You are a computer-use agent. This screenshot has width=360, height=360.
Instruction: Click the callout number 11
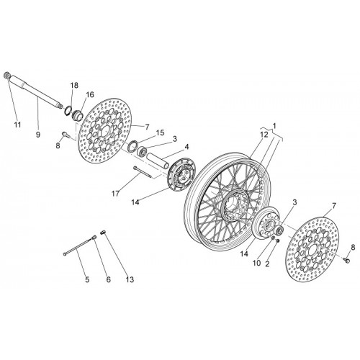[x=17, y=125]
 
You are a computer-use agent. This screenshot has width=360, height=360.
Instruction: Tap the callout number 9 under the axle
[x=38, y=135]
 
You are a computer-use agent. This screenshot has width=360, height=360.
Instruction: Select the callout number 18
[x=74, y=86]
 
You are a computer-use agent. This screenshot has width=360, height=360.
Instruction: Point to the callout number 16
[x=90, y=94]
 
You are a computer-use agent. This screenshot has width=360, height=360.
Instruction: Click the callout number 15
[x=160, y=132]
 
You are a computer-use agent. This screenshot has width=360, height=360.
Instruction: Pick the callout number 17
[x=115, y=194]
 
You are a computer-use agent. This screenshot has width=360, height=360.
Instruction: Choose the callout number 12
[x=264, y=135]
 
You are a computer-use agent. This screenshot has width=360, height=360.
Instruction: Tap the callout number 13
[x=130, y=279]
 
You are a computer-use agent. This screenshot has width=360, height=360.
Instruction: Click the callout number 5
[x=87, y=279]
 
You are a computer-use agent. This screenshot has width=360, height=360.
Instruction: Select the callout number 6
[x=109, y=279]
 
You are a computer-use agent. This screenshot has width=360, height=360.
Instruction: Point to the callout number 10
[x=256, y=263]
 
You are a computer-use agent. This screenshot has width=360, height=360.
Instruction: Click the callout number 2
[x=267, y=264]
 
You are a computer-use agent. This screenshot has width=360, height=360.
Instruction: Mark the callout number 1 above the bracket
[x=274, y=125]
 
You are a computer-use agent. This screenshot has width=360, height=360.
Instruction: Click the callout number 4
[x=186, y=147]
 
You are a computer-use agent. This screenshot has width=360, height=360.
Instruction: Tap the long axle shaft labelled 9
[x=37, y=92]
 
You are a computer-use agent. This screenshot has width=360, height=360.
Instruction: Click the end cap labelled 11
[x=8, y=76]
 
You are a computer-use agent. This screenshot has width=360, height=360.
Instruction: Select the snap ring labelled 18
[x=68, y=110]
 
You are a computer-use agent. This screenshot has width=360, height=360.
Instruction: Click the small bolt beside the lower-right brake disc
[x=346, y=260]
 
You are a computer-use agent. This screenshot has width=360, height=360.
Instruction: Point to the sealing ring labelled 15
[x=132, y=146]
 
